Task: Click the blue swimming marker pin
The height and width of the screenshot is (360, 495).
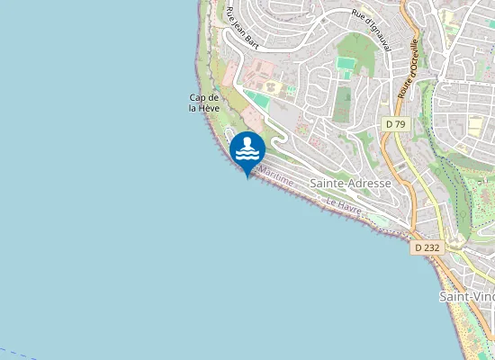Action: (247, 151)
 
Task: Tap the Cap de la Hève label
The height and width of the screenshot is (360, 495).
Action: (204, 103)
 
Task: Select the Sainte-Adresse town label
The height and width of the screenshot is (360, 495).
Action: (350, 183)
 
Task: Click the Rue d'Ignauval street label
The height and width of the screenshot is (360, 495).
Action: (371, 30)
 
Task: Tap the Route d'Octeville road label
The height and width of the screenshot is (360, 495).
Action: (407, 68)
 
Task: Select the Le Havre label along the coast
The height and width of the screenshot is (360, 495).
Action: (344, 208)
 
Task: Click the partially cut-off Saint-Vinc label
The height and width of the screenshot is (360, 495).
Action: (466, 296)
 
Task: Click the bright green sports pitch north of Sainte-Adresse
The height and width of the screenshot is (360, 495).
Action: (346, 65)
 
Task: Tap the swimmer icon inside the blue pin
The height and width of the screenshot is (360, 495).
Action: (247, 148)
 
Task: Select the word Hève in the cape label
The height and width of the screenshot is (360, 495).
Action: (210, 108)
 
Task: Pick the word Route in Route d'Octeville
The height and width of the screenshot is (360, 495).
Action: (402, 85)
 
